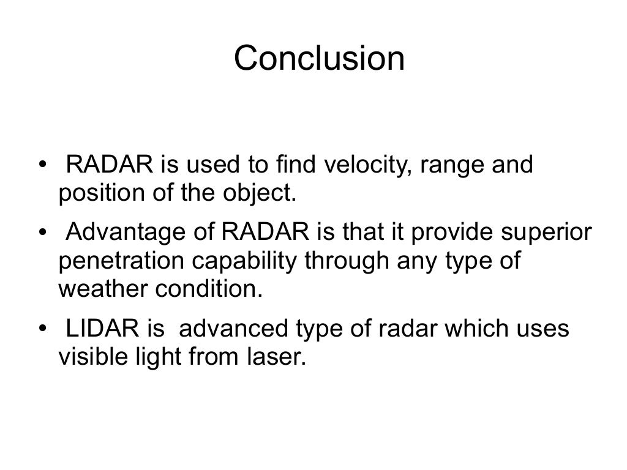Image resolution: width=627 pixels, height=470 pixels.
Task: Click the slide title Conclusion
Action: [319, 59]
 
